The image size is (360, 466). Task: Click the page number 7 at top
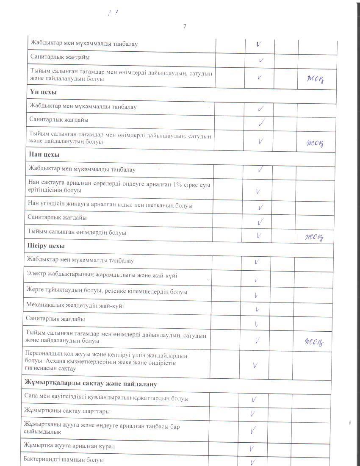185,27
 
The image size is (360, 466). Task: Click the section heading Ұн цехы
44,92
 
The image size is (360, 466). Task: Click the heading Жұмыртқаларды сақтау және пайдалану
91,384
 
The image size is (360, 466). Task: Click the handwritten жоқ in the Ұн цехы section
315,143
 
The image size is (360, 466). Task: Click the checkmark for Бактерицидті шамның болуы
254,461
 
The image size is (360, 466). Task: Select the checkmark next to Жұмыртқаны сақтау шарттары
252,414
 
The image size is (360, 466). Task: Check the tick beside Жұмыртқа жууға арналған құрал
252,448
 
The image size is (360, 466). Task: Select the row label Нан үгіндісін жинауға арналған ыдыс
110,205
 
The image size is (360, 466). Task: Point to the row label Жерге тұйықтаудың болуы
107,292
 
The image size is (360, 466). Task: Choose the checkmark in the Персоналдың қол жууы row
255,365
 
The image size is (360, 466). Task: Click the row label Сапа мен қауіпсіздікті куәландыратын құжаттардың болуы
107,398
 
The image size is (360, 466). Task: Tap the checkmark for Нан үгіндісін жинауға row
260,208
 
